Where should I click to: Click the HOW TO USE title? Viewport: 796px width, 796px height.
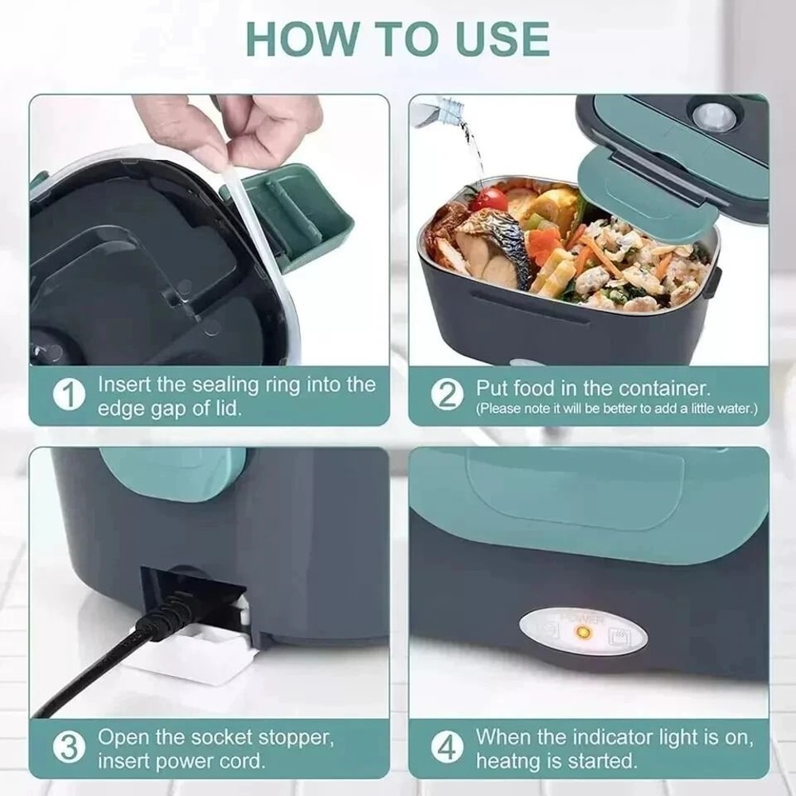click(x=397, y=38)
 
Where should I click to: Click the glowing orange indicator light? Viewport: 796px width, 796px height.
click(x=583, y=634)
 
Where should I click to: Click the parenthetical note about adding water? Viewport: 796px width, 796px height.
click(x=616, y=409)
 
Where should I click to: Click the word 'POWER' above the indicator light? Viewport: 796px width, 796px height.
click(x=583, y=618)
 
